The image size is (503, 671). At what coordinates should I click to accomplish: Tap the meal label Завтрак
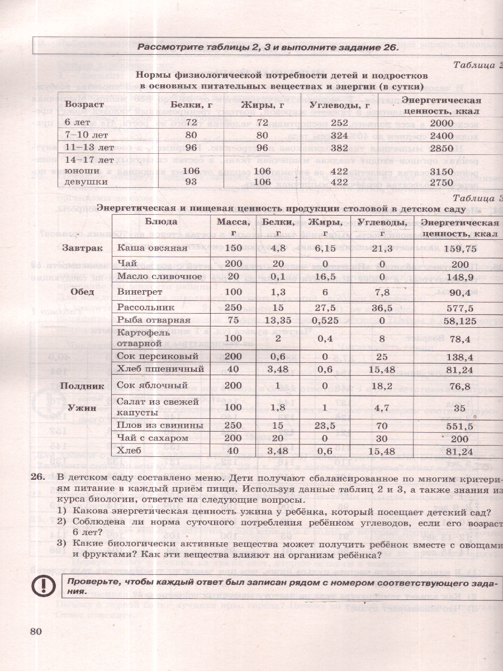tap(82, 247)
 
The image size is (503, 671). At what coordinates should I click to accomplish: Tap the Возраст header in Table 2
tap(84, 105)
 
